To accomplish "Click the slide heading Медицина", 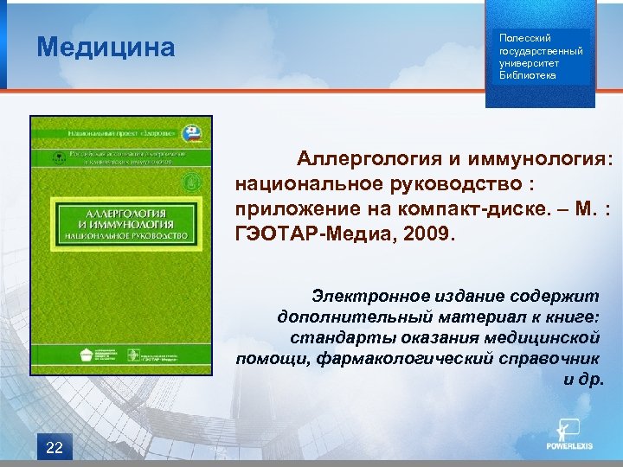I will tap(106, 47).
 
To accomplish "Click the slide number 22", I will tap(54, 446).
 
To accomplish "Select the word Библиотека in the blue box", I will tap(528, 75).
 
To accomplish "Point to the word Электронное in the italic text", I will tap(372, 297).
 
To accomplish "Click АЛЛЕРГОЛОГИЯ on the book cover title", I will tap(119, 211).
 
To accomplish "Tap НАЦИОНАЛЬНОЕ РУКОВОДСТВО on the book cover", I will tap(119, 236).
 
